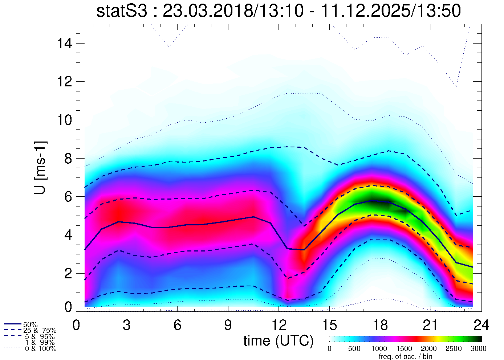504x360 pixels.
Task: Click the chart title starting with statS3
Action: [279, 11]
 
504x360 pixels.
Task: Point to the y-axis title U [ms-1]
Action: [41, 168]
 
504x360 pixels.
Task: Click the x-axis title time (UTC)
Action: [279, 341]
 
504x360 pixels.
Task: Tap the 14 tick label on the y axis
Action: [64, 44]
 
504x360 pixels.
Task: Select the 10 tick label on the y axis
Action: [64, 120]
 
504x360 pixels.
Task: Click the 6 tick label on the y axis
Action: [68, 197]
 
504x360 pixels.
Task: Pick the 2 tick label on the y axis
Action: [68, 273]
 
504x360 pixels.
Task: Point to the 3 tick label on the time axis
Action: [126, 325]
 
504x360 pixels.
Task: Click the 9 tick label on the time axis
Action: [228, 325]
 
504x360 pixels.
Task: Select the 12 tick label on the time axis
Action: [279, 325]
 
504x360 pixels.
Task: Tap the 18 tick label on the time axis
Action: [380, 325]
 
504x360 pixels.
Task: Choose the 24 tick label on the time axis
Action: [481, 325]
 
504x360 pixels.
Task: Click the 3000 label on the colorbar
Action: [479, 349]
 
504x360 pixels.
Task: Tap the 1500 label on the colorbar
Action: [405, 349]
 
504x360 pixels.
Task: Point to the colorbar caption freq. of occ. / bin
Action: [405, 356]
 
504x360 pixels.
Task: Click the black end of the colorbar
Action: [479, 339]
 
